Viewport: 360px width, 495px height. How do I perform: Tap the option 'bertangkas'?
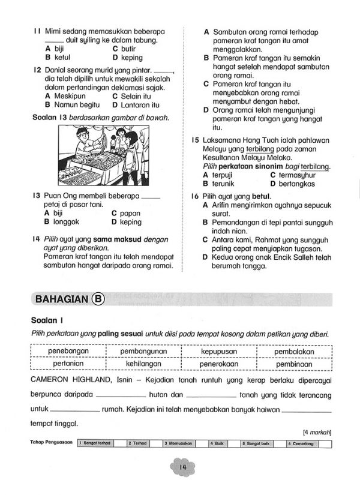point(296,184)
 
